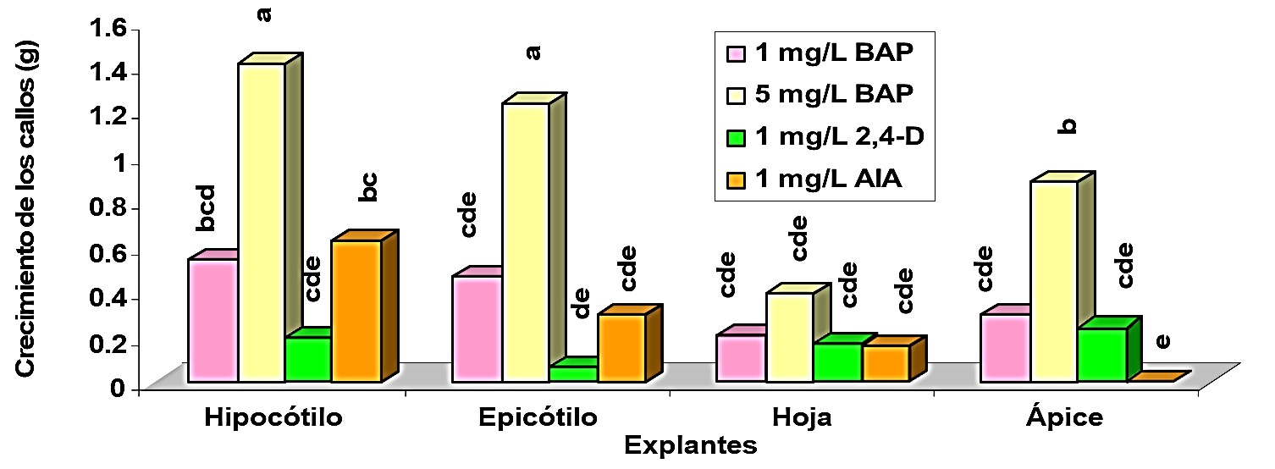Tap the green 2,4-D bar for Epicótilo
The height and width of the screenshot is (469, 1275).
[x=574, y=372]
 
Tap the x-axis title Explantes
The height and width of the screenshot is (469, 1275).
[x=689, y=444]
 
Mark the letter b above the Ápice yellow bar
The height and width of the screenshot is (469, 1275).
[x=1068, y=126]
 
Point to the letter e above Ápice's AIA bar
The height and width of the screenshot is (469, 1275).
[x=1162, y=341]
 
